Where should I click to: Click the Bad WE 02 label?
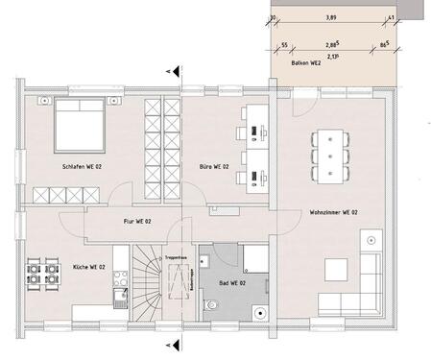pyautogui.click(x=230, y=284)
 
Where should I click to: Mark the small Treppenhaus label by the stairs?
pyautogui.click(x=174, y=258)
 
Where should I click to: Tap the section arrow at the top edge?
pyautogui.click(x=172, y=70)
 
